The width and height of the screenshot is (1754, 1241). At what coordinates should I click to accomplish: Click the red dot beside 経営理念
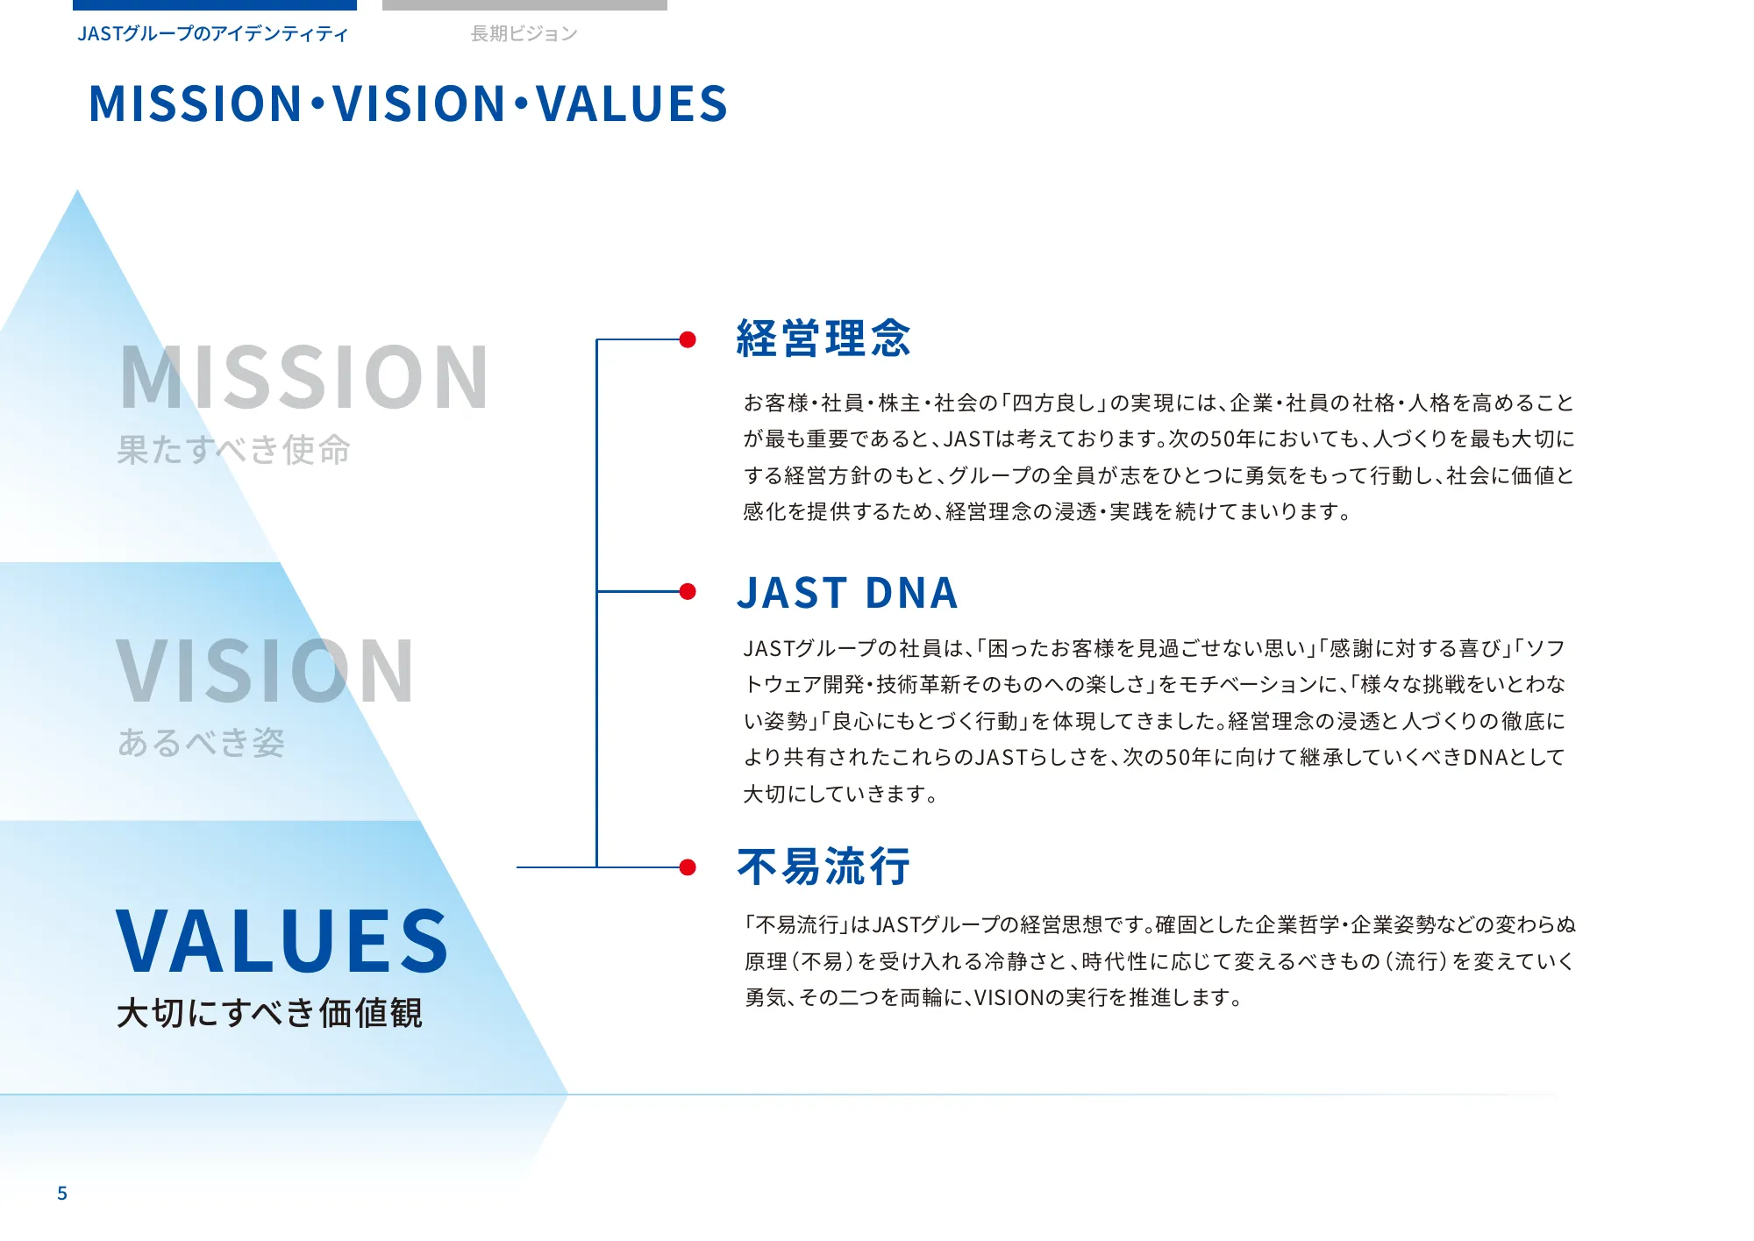click(688, 339)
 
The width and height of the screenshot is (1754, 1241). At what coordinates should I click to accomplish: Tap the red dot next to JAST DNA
click(688, 592)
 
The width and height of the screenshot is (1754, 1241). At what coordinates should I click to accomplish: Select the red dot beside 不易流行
click(688, 867)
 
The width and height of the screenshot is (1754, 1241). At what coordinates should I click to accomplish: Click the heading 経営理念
click(824, 339)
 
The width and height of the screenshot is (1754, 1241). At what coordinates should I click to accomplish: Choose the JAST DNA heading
click(847, 593)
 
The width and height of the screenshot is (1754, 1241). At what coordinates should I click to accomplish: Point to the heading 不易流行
click(824, 867)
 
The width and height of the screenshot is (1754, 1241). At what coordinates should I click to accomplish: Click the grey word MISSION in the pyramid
click(303, 377)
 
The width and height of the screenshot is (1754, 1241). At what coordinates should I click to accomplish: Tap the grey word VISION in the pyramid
click(265, 671)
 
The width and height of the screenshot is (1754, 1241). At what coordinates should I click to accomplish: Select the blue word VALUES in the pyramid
click(282, 941)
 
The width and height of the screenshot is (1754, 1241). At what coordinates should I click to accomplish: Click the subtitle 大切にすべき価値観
click(270, 1013)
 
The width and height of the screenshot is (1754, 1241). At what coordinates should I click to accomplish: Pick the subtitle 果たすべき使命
click(234, 450)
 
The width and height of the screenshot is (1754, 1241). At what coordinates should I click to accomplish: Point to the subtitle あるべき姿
click(201, 743)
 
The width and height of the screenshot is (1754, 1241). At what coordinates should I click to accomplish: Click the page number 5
click(62, 1193)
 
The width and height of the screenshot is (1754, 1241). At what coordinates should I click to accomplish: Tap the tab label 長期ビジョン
click(524, 33)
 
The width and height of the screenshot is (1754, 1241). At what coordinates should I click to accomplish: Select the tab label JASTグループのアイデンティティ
click(213, 33)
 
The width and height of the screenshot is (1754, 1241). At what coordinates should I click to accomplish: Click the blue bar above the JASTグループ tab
click(215, 5)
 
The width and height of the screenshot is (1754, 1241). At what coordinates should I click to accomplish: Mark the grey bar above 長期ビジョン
click(524, 5)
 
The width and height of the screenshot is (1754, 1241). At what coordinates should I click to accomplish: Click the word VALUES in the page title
click(632, 103)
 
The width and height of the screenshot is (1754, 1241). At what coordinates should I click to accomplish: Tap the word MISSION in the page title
click(196, 103)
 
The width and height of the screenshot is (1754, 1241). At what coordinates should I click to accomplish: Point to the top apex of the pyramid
click(77, 190)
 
